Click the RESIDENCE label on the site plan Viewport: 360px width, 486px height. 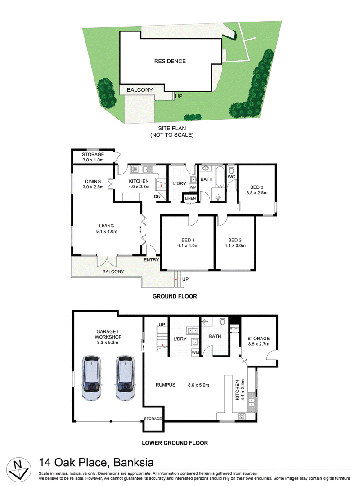pyautogui.click(x=170, y=62)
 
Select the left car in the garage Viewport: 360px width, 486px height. pyautogui.click(x=91, y=378)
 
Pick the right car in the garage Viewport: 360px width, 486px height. pyautogui.click(x=125, y=378)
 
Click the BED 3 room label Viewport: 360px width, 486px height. pyautogui.click(x=256, y=187)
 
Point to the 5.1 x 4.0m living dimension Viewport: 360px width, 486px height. pyautogui.click(x=107, y=232)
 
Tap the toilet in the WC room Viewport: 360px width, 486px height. pyautogui.click(x=231, y=170)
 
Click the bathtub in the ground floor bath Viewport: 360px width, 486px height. pyautogui.click(x=220, y=177)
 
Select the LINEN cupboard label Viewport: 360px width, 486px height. pyautogui.click(x=190, y=198)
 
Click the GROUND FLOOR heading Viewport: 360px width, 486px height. pyautogui.click(x=175, y=296)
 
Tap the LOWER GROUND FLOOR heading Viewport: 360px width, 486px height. pyautogui.click(x=175, y=443)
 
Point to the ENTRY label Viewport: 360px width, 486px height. pyautogui.click(x=151, y=260)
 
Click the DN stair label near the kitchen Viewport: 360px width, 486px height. pyautogui.click(x=157, y=196)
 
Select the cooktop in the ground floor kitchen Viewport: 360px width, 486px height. pyautogui.click(x=135, y=169)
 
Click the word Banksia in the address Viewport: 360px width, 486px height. pyautogui.click(x=134, y=463)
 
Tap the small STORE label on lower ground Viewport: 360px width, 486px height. pyautogui.click(x=234, y=328)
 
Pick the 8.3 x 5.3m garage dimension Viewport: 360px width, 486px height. pyautogui.click(x=108, y=343)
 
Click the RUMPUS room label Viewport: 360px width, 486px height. pyautogui.click(x=166, y=385)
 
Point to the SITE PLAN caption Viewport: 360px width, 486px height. pyautogui.click(x=172, y=128)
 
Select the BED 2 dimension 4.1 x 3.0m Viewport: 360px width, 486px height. pyautogui.click(x=235, y=245)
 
